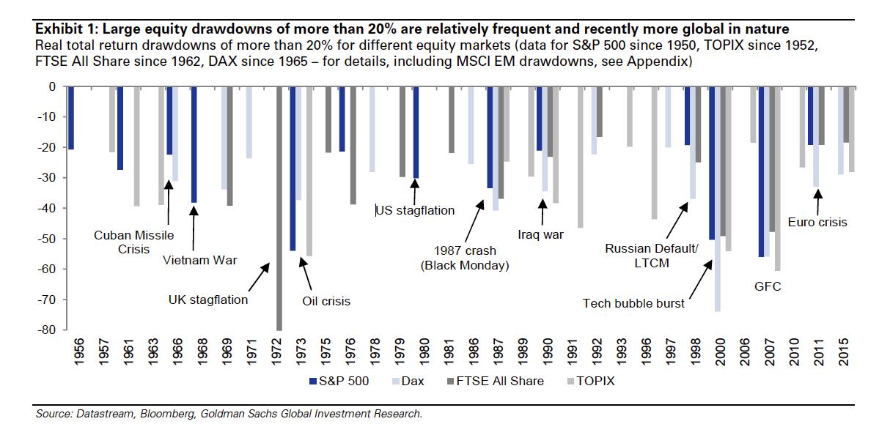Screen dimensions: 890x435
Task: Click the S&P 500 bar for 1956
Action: click(x=71, y=119)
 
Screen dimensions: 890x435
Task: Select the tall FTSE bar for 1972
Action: click(x=279, y=209)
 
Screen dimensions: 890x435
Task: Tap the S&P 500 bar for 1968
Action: click(x=194, y=144)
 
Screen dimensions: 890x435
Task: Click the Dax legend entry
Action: click(x=408, y=381)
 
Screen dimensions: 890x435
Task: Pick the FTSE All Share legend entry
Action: click(x=495, y=381)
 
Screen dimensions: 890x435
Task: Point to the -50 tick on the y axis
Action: click(x=65, y=239)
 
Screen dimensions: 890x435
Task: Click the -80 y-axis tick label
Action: click(x=47, y=330)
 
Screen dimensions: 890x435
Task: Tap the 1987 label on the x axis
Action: click(x=498, y=352)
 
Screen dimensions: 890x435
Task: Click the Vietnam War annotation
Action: click(x=200, y=260)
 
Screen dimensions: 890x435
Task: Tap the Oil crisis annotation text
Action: click(x=326, y=301)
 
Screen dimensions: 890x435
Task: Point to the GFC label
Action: click(x=768, y=286)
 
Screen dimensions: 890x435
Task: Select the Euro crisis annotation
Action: click(x=817, y=222)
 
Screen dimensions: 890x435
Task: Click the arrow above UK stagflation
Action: click(x=259, y=278)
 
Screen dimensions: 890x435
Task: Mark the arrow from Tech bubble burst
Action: click(x=701, y=280)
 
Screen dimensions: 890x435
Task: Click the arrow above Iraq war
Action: click(x=543, y=212)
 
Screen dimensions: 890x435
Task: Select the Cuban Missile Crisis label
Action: click(x=134, y=242)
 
